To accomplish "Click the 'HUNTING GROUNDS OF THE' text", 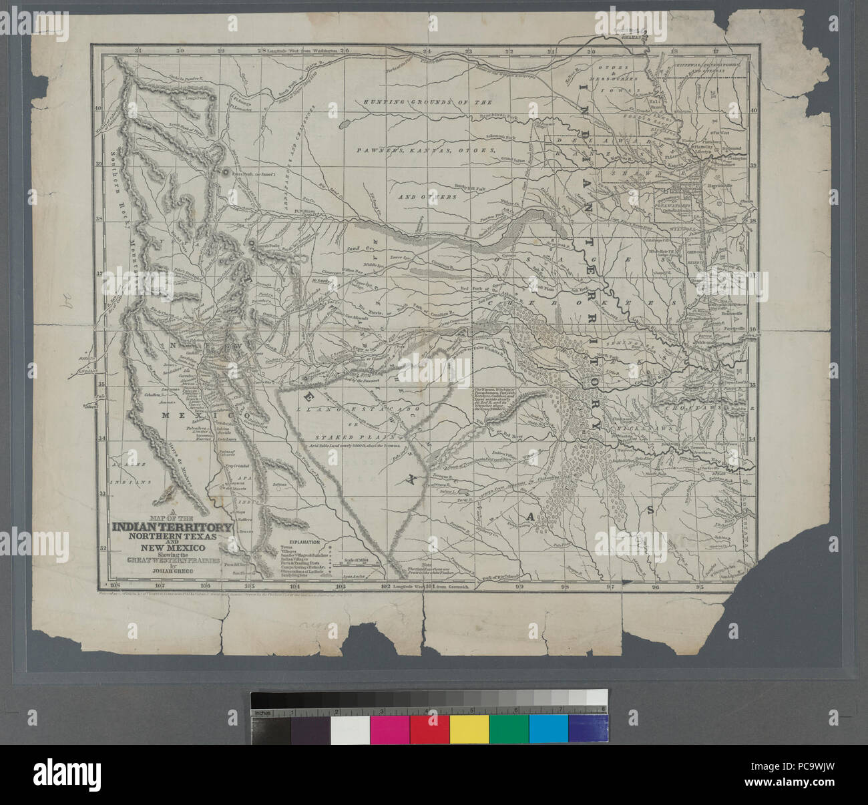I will click(427, 103).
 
